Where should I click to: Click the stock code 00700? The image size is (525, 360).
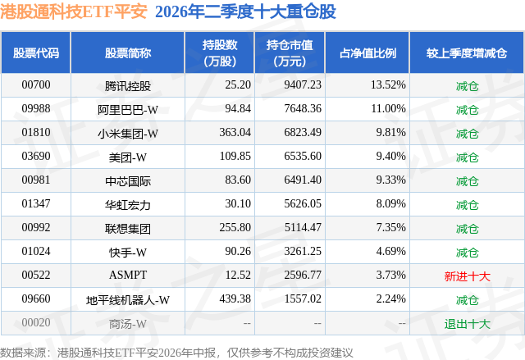coord(36,85)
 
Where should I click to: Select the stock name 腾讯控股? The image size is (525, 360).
coord(128,86)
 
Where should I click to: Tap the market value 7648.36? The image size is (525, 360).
coord(303,109)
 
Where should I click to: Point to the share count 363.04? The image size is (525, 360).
coord(235,133)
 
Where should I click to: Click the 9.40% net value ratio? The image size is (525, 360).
coord(390,157)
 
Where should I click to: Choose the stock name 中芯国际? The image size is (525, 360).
coord(128,181)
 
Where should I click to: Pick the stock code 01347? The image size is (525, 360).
coord(36,203)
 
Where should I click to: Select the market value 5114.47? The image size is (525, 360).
coord(303,227)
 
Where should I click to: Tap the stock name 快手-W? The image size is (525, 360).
coord(128,253)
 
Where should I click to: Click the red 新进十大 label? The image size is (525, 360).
coord(467,276)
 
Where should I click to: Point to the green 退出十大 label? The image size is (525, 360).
coord(467,324)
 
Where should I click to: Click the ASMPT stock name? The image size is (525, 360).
coord(128,275)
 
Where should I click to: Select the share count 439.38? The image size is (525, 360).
coord(235,298)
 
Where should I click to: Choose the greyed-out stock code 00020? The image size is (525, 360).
coord(36,322)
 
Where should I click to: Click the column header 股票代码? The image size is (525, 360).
coord(36,52)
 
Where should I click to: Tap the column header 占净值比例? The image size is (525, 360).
coord(367,52)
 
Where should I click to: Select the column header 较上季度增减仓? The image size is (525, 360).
coord(467,52)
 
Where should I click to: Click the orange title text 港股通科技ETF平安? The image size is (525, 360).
coord(74,11)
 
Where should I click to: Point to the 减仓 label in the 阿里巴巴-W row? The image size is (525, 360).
coord(467,110)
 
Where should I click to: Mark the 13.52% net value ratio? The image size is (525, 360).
coord(388,85)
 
